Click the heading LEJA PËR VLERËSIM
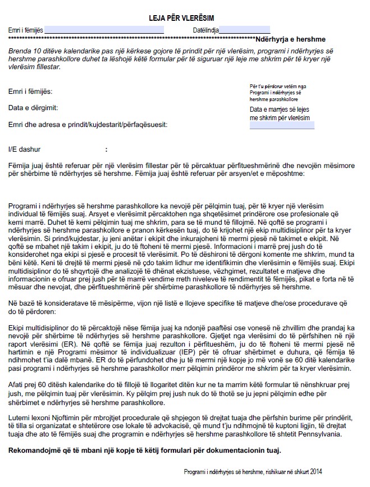coord(185,19)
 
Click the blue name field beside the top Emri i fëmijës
coord(104,30)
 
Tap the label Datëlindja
coord(205,30)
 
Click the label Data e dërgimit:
coord(33,107)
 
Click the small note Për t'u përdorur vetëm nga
coord(278,86)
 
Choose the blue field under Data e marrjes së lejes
coord(282,125)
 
